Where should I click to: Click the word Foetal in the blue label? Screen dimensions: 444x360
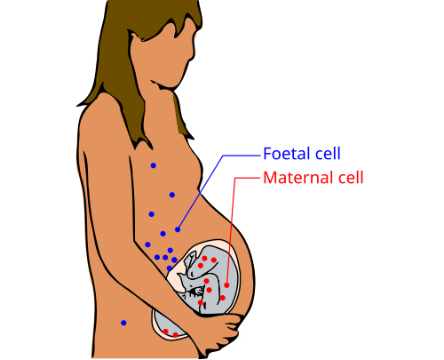coord(286,154)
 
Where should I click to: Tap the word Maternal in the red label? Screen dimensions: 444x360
coord(298,178)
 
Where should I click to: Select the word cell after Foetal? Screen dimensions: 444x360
coord(327,154)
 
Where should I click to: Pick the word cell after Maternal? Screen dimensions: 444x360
coord(351,178)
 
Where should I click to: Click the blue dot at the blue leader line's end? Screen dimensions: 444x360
coord(178,229)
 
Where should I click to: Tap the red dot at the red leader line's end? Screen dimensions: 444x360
coord(226,285)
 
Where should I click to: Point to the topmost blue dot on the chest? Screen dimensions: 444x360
coord(154,165)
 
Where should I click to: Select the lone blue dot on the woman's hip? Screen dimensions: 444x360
coord(123,323)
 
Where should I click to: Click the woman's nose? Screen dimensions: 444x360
coord(193,53)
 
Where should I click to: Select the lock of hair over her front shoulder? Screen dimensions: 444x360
coord(181,116)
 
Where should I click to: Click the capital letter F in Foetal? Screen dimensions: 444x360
coord(267,154)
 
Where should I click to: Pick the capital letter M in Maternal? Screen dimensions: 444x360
coord(270,178)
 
